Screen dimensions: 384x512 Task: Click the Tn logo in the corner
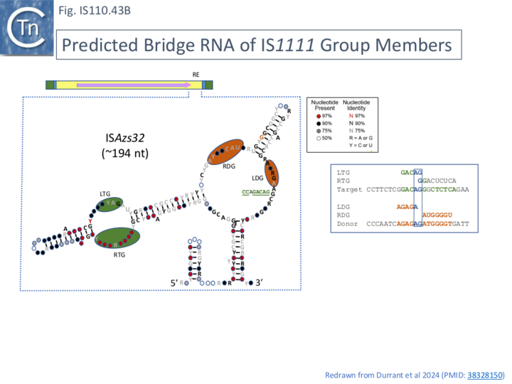pyautogui.click(x=26, y=27)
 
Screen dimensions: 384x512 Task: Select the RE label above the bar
pyautogui.click(x=196, y=74)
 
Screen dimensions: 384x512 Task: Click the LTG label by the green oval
pyautogui.click(x=105, y=193)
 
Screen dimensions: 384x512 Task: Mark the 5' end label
pyautogui.click(x=174, y=283)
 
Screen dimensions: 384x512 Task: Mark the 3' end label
pyautogui.click(x=260, y=283)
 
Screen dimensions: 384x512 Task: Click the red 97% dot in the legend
pyautogui.click(x=318, y=115)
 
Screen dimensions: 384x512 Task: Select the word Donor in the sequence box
pyautogui.click(x=348, y=224)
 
